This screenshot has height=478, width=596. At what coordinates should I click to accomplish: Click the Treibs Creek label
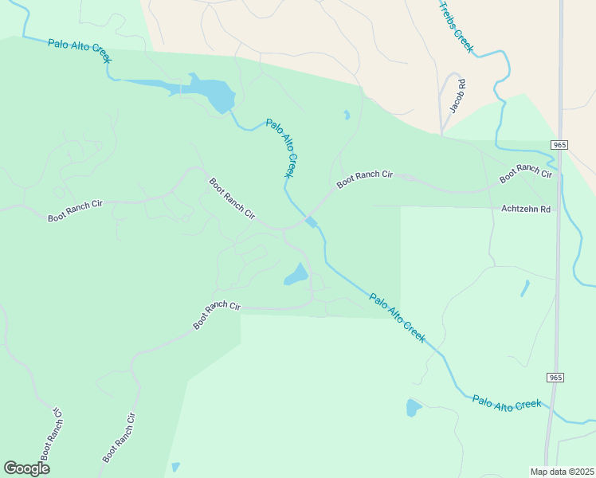457,27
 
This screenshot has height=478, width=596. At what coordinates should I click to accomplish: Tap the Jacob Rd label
457,96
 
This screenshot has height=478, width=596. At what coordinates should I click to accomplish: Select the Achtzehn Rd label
526,210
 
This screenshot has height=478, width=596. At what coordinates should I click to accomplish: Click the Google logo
26,468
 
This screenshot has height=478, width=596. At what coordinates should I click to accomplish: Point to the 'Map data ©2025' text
563,472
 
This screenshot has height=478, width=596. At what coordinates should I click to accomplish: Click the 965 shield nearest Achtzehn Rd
559,144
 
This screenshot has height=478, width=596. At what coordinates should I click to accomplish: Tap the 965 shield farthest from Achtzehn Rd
555,376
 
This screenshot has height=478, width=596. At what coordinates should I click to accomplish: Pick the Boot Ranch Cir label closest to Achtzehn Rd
526,173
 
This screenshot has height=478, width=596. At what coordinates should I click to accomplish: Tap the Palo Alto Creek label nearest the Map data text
507,404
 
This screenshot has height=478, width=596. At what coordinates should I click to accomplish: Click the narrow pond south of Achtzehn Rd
524,288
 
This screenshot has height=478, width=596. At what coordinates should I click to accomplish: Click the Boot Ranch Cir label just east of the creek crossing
365,178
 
